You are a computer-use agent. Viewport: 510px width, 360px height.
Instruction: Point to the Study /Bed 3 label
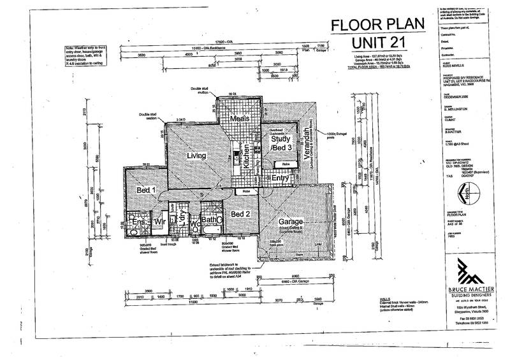click(x=281, y=143)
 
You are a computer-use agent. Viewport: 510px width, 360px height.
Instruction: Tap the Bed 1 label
click(x=147, y=189)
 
